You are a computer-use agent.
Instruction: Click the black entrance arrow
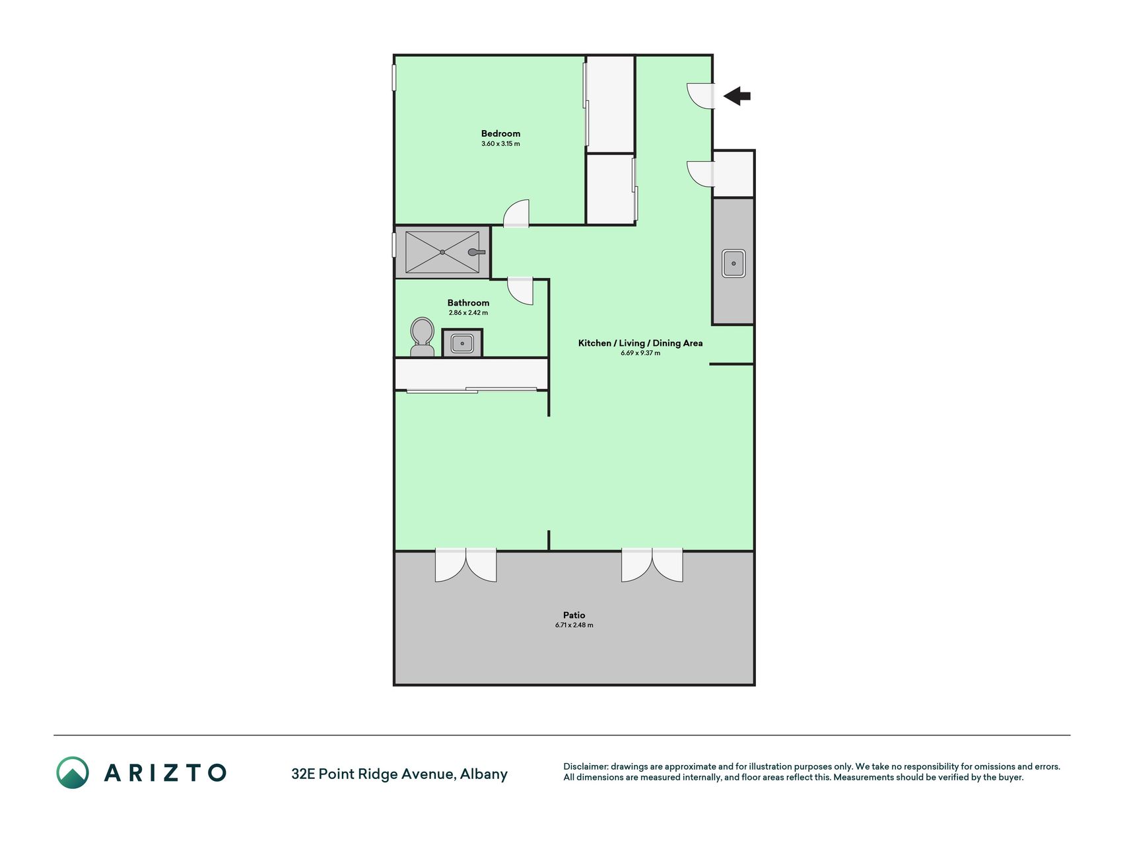[x=737, y=96]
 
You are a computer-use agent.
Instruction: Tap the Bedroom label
[x=500, y=133]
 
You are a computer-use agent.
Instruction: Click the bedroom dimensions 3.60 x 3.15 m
[x=500, y=144]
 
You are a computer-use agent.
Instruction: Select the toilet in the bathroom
[x=422, y=337]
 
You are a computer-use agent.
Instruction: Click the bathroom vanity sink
[x=462, y=343]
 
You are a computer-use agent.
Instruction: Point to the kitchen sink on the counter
[x=733, y=263]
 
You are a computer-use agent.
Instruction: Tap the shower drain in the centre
[x=442, y=252]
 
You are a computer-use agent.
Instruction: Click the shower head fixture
[x=477, y=252]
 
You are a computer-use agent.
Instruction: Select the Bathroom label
[x=468, y=303]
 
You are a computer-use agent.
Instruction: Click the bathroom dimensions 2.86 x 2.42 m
[x=468, y=313]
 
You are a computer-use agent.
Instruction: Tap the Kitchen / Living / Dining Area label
[x=640, y=343]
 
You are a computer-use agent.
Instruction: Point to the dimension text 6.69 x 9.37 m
[x=640, y=353]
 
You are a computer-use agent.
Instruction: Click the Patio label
[x=574, y=615]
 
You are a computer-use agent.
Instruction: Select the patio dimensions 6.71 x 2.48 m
[x=574, y=625]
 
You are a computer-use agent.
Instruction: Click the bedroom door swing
[x=516, y=213]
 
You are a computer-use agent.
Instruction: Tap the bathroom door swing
[x=520, y=291]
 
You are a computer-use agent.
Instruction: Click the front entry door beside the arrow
[x=700, y=96]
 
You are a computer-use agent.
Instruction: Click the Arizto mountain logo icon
[x=72, y=772]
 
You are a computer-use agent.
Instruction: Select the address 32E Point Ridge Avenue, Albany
[x=399, y=774]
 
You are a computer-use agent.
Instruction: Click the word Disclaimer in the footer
[x=585, y=766]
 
